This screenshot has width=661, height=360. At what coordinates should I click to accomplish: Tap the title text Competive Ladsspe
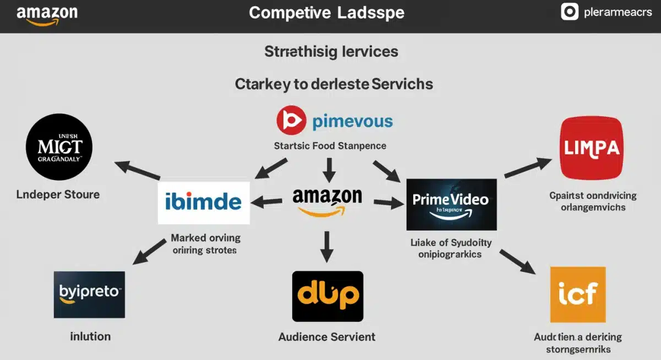(x=326, y=13)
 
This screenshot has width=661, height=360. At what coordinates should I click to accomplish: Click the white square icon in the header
(x=569, y=12)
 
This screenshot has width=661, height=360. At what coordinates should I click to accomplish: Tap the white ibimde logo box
(x=203, y=202)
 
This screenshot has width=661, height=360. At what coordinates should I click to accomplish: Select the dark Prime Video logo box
(x=451, y=204)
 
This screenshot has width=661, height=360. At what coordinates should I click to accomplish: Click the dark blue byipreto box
(x=89, y=294)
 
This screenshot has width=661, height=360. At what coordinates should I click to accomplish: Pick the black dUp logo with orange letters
(x=327, y=296)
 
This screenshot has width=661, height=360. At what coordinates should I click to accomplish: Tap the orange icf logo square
(x=577, y=294)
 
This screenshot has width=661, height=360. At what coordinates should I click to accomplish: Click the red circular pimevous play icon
(x=290, y=121)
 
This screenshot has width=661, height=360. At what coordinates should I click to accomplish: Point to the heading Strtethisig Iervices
(x=331, y=52)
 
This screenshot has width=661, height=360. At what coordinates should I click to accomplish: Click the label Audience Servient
(x=327, y=336)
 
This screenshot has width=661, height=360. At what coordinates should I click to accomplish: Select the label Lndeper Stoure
(x=58, y=194)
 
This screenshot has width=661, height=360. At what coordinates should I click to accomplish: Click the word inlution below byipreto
(x=90, y=336)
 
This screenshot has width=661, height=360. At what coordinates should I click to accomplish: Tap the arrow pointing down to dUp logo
(x=327, y=246)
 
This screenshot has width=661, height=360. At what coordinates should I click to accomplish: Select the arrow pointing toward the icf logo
(x=517, y=261)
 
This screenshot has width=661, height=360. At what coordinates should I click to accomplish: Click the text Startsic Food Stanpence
(x=330, y=146)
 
